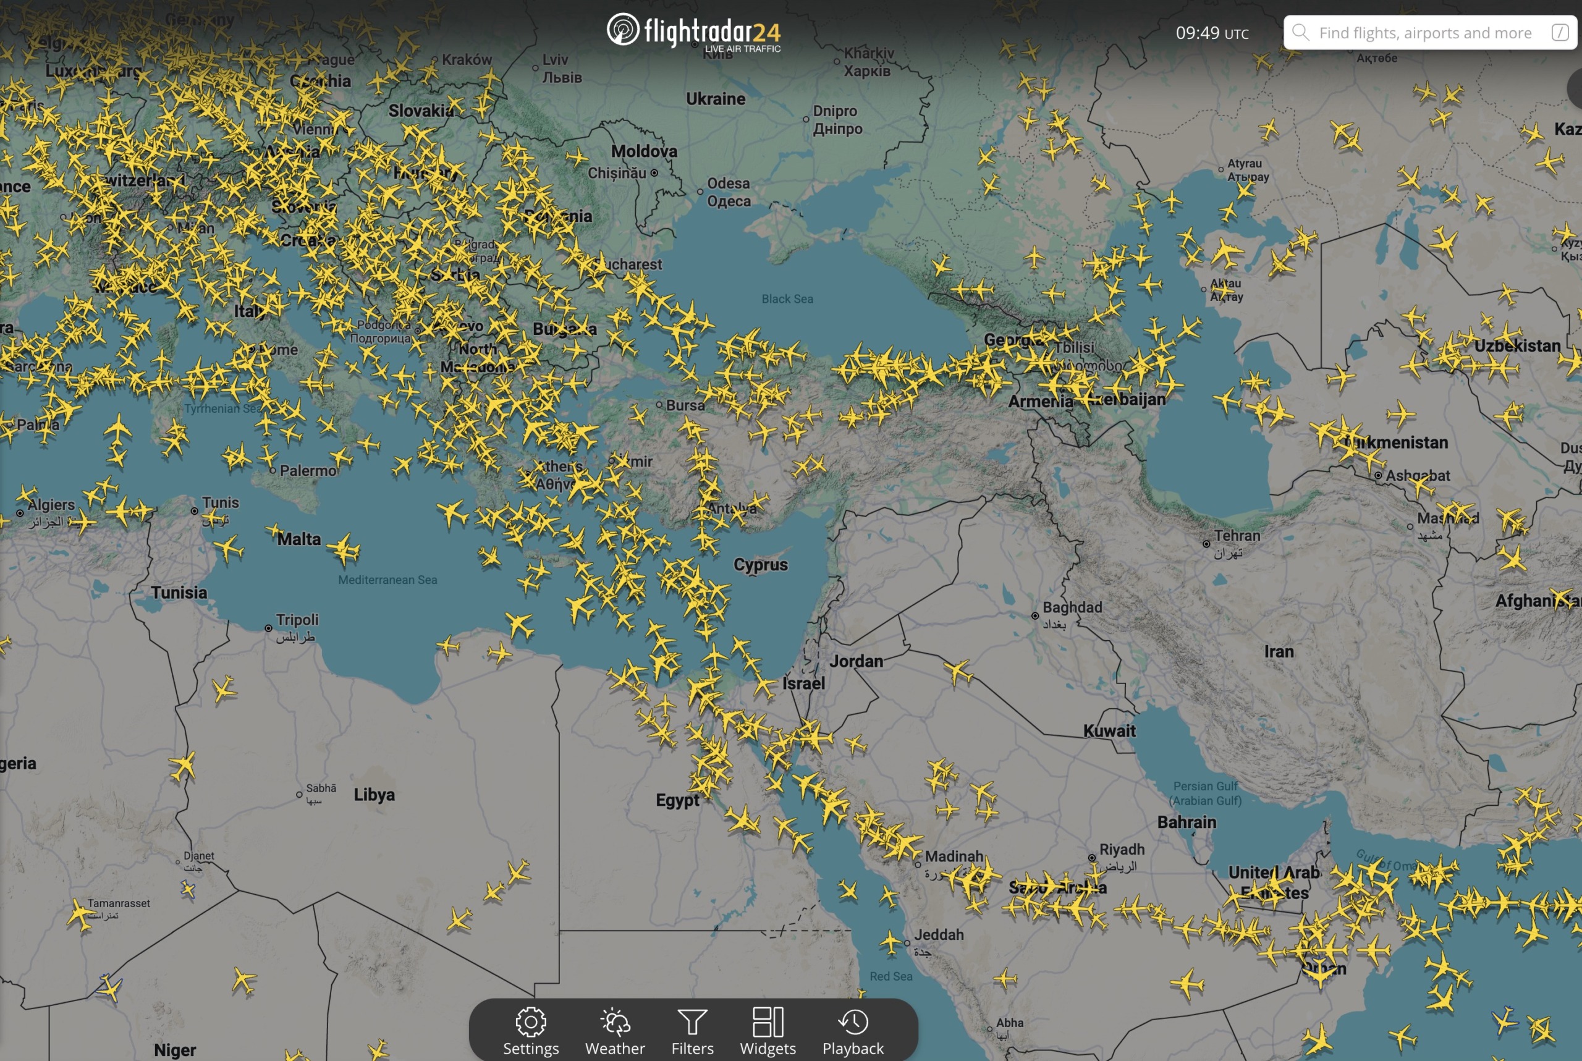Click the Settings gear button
(530, 1030)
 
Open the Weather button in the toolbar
(614, 1030)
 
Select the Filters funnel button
(692, 1030)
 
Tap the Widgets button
(768, 1030)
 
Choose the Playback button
(853, 1030)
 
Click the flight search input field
(1424, 33)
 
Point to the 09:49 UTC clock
(1211, 33)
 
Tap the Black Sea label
(787, 298)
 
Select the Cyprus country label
(761, 564)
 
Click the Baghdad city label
(1072, 607)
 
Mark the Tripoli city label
(297, 620)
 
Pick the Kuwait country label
(1109, 731)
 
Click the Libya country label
(374, 795)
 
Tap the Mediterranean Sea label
(387, 580)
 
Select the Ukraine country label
(715, 99)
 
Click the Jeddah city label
(939, 934)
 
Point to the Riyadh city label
(1121, 849)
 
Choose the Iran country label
(1278, 652)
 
